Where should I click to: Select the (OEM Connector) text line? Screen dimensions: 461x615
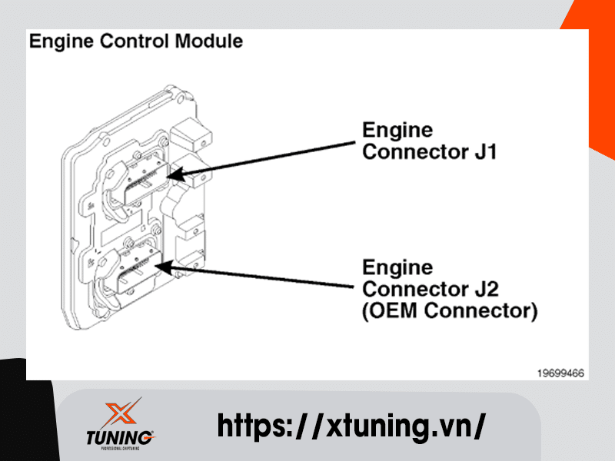pos(450,311)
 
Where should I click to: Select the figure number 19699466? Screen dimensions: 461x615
pos(560,373)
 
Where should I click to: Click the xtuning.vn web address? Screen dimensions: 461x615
pos(351,425)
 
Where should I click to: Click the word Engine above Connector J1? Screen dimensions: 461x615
pos(397,130)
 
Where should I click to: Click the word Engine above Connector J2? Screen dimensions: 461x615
pos(397,267)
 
